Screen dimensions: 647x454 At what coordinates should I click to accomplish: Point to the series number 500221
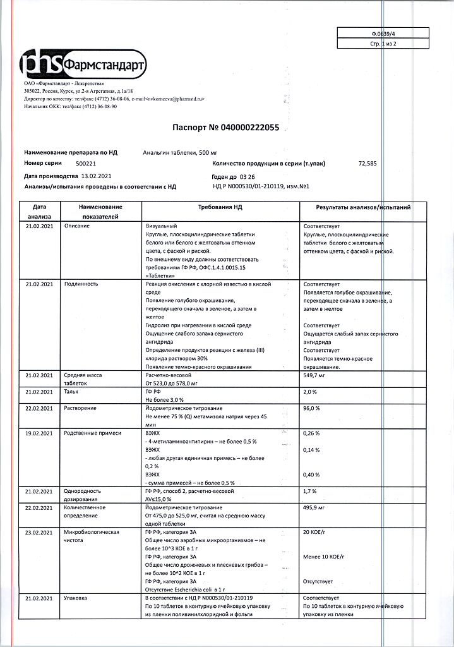click(86, 163)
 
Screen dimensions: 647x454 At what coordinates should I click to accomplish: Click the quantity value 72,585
click(367, 163)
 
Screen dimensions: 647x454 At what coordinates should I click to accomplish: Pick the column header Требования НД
click(220, 207)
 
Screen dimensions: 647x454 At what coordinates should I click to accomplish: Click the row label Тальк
click(71, 392)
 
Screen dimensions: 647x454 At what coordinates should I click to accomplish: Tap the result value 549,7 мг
click(314, 375)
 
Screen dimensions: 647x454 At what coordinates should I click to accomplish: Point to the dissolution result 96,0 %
click(312, 408)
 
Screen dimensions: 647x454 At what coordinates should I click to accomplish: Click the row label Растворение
click(80, 408)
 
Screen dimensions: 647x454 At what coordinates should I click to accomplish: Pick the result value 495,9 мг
click(314, 507)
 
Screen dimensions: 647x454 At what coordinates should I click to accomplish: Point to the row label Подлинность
click(81, 284)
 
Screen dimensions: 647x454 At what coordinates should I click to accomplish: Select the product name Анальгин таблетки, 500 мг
click(181, 153)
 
